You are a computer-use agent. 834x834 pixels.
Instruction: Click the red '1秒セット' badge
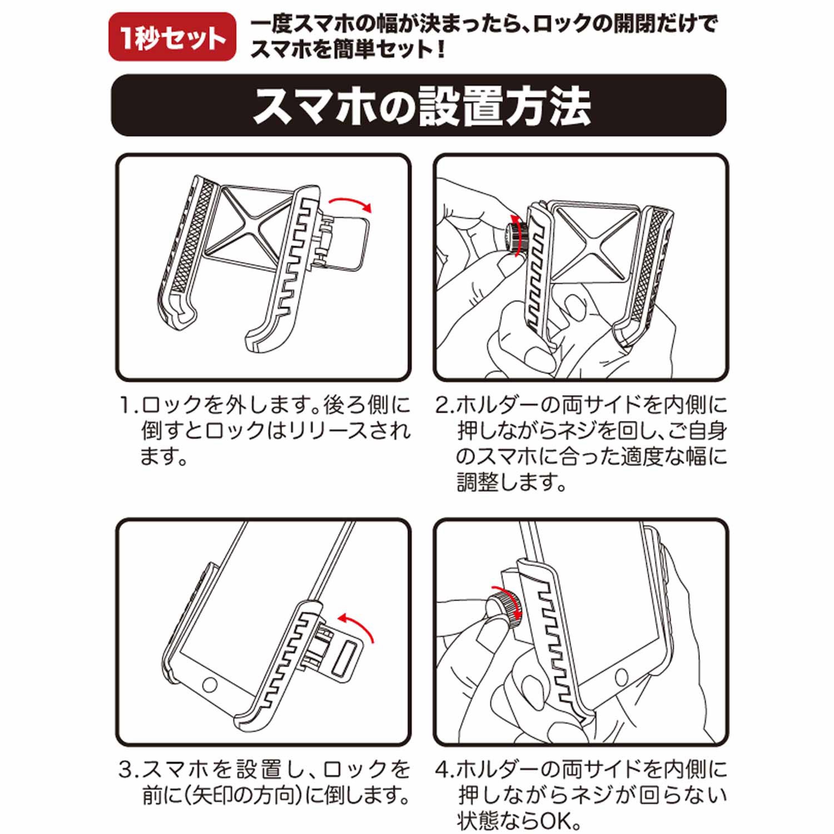tap(172, 37)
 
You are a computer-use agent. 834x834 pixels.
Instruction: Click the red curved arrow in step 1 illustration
tap(350, 203)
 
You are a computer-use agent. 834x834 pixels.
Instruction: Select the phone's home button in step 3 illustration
tap(210, 684)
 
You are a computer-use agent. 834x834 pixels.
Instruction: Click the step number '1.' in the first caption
tap(128, 405)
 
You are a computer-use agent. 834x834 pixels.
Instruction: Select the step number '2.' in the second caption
tap(445, 405)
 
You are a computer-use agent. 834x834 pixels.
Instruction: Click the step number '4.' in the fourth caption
tap(445, 770)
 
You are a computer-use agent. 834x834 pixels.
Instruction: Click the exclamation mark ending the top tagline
tap(440, 51)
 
